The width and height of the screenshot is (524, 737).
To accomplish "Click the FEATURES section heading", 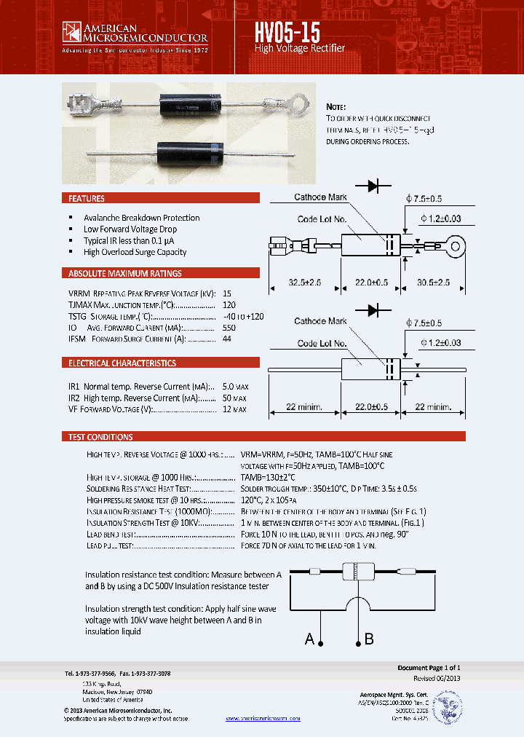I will pyautogui.click(x=87, y=198).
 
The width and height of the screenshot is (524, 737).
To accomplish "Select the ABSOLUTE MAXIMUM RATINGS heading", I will pyautogui.click(x=124, y=274).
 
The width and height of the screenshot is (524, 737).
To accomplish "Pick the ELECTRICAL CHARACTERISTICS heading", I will pyautogui.click(x=122, y=363).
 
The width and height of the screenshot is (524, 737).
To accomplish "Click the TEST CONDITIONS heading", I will pyautogui.click(x=100, y=437).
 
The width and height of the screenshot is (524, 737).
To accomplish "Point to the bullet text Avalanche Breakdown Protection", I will pyautogui.click(x=141, y=218).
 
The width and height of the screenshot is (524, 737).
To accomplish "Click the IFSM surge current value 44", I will pyautogui.click(x=226, y=339).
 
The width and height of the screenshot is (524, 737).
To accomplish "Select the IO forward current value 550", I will pyautogui.click(x=229, y=328).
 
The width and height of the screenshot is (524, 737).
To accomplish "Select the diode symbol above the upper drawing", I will pyautogui.click(x=377, y=186).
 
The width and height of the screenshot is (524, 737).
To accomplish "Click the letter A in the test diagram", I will pyautogui.click(x=310, y=639).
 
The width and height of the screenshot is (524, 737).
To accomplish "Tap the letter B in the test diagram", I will pyautogui.click(x=369, y=639).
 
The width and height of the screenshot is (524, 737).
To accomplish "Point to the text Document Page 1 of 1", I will pyautogui.click(x=429, y=668).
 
